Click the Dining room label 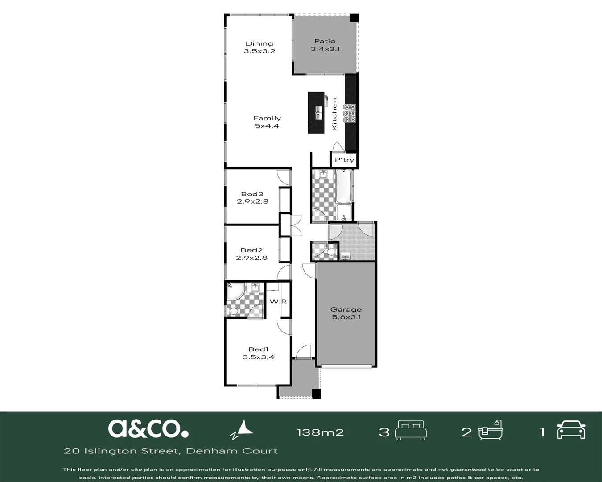click(260, 43)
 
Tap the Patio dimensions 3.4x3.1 click(326, 49)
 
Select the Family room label click(267, 118)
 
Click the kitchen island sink click(319, 112)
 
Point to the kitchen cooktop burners click(350, 113)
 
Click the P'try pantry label click(345, 160)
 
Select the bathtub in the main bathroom click(343, 186)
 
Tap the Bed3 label click(252, 194)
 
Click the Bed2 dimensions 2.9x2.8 click(252, 258)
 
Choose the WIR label click(278, 302)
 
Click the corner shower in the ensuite click(236, 291)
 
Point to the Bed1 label click(258, 349)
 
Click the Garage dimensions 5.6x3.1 click(346, 317)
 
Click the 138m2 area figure click(320, 432)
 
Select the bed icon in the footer click(411, 430)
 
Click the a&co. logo click(148, 428)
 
